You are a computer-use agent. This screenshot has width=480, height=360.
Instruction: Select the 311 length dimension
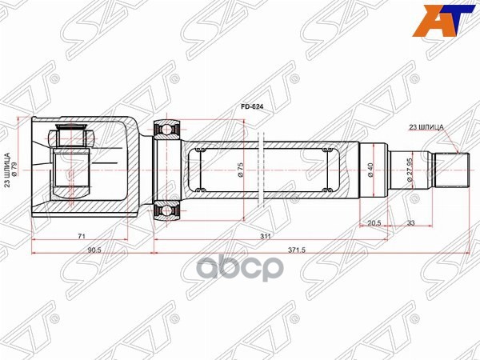tap(265, 237)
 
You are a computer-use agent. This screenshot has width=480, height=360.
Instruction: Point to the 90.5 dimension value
tap(93, 250)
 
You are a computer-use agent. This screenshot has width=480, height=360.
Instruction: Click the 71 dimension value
tap(82, 237)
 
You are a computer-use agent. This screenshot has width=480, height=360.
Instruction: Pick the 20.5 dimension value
tap(373, 223)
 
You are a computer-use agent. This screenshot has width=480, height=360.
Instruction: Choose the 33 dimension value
tap(410, 223)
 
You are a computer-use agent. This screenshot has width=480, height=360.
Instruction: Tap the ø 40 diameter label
tap(370, 170)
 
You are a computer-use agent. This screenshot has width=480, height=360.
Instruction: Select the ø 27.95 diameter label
tap(409, 170)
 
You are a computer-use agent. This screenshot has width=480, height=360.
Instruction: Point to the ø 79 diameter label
tap(19, 170)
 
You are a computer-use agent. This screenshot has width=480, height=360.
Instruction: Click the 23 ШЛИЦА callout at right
tap(426, 126)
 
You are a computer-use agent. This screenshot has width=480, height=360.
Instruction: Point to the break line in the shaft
tap(262, 170)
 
